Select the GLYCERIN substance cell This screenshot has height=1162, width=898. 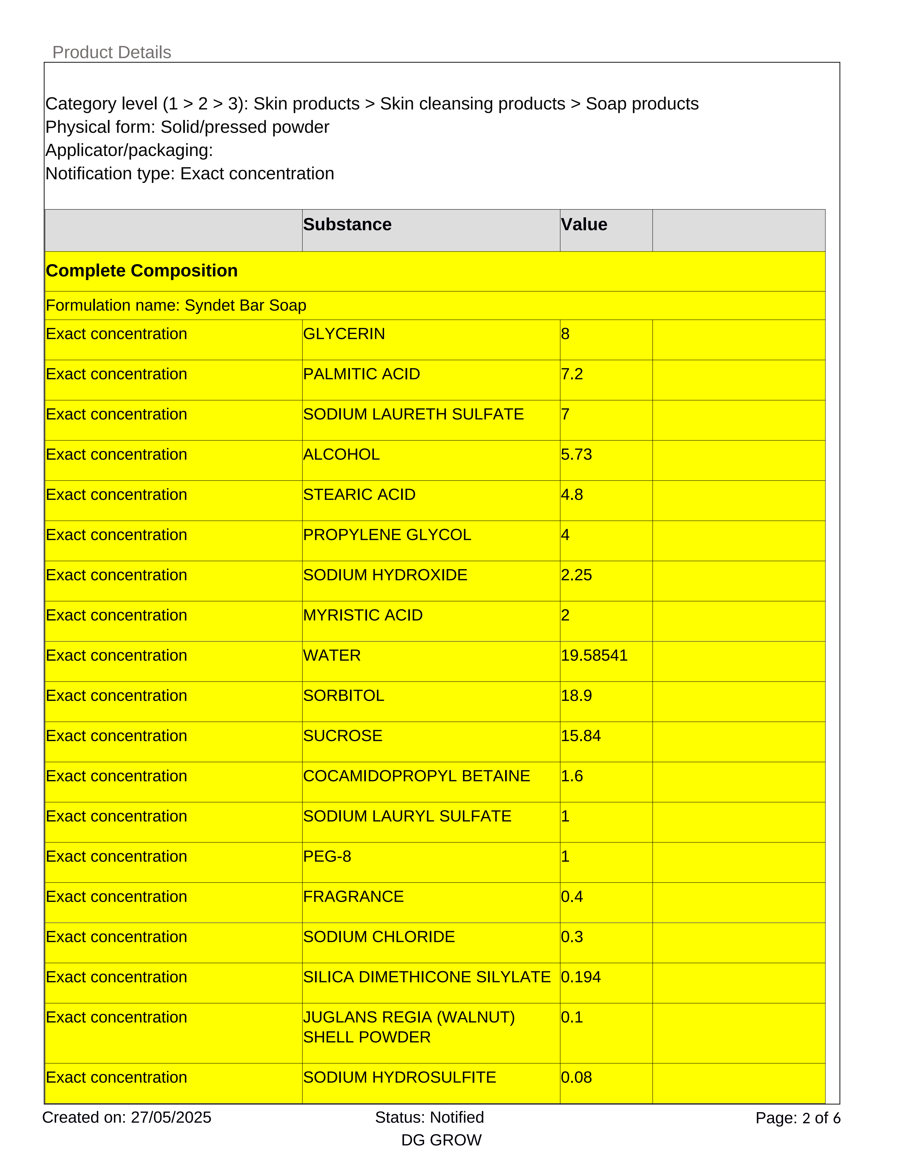(x=344, y=334)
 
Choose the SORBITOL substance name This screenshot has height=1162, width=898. (x=343, y=696)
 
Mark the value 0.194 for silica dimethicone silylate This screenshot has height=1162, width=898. (x=581, y=977)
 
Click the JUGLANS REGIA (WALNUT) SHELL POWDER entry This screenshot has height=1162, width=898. (x=409, y=1027)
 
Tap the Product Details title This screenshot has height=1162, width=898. (x=112, y=52)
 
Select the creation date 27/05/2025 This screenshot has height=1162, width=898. (x=171, y=1117)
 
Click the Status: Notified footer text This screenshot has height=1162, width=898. (x=429, y=1117)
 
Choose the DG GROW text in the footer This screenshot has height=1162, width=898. (x=441, y=1140)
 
